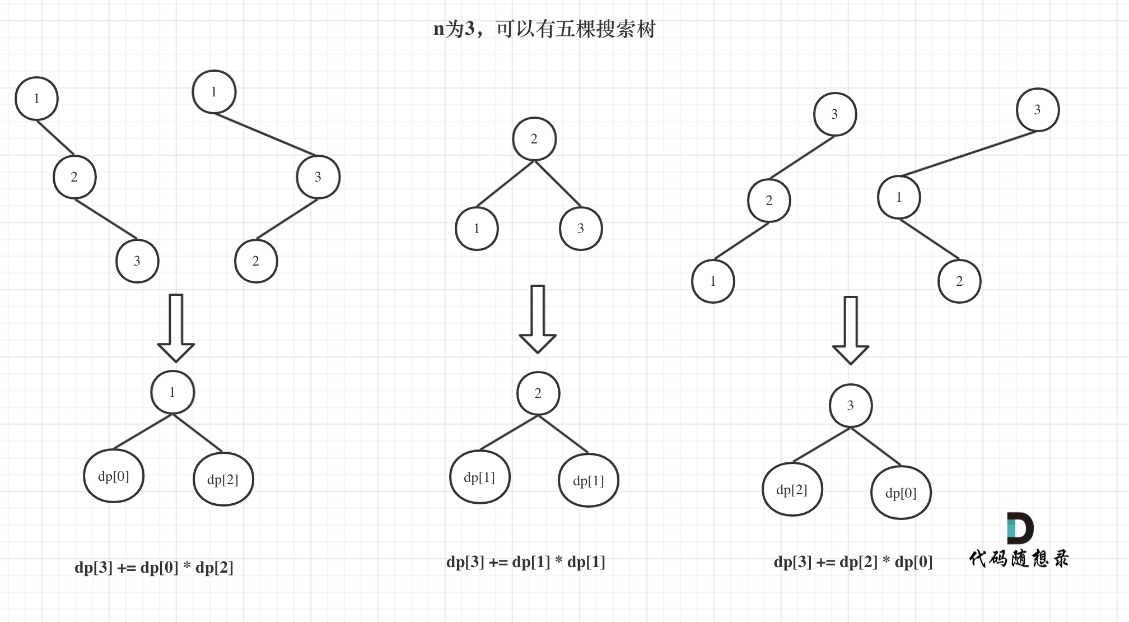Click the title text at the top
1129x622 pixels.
544,29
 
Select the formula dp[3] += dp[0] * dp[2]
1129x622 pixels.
154,568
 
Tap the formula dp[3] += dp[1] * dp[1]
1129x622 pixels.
526,562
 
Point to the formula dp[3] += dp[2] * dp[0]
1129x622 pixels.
853,562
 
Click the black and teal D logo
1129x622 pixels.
1020,528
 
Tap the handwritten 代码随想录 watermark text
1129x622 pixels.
1019,558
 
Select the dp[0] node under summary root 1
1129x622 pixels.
114,476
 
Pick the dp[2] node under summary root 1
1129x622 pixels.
223,480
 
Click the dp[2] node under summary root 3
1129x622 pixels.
792,490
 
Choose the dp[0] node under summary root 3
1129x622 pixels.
901,493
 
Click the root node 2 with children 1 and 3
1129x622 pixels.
534,139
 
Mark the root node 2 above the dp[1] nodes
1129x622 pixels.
538,393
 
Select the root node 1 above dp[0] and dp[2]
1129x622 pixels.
172,392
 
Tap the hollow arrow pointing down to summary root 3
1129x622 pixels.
851,331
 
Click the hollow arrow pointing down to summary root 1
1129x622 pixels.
176,328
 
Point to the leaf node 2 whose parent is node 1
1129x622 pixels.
959,281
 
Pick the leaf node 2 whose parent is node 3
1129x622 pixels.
256,261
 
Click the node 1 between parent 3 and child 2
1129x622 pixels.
899,197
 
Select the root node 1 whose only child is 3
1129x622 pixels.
214,92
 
